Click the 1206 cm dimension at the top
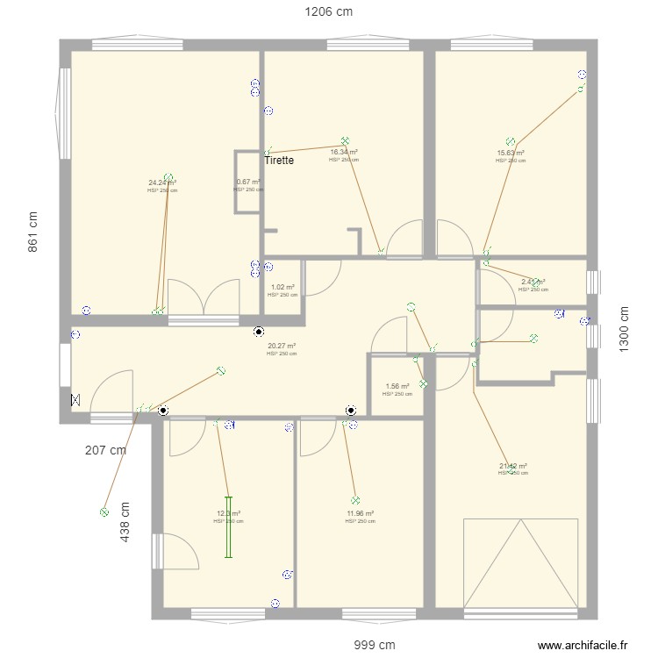pyautogui.click(x=328, y=12)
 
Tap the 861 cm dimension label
pyautogui.click(x=33, y=232)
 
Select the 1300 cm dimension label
pyautogui.click(x=625, y=329)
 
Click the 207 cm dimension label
pyautogui.click(x=106, y=450)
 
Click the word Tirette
pyautogui.click(x=279, y=161)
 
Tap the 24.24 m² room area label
pyautogui.click(x=162, y=183)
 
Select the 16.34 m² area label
pyautogui.click(x=344, y=152)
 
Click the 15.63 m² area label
pyautogui.click(x=511, y=153)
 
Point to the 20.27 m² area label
pyautogui.click(x=282, y=346)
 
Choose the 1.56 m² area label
pyautogui.click(x=397, y=386)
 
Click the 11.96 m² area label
pyautogui.click(x=360, y=513)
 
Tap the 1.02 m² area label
pyautogui.click(x=283, y=287)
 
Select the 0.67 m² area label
pyautogui.click(x=248, y=182)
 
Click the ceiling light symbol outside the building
pyautogui.click(x=104, y=511)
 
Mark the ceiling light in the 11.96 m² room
pyautogui.click(x=355, y=499)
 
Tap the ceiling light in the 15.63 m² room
pyautogui.click(x=510, y=141)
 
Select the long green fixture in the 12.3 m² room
pyautogui.click(x=228, y=527)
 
